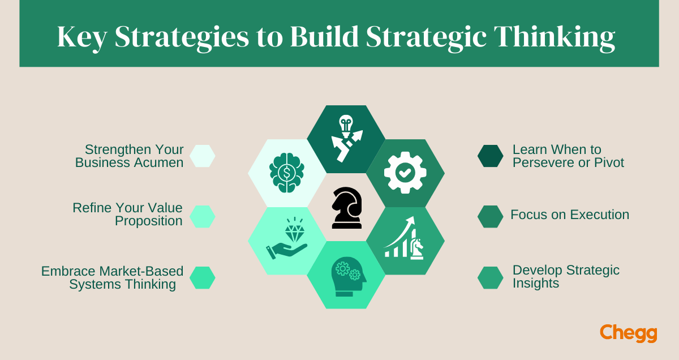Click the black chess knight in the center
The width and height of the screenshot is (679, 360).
346,208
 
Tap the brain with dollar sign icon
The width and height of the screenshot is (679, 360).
287,173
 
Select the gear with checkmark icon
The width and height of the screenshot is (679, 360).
405,173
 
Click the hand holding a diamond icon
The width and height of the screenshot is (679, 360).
287,241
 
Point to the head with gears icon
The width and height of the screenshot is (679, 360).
346,276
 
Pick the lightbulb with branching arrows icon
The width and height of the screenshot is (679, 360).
346,139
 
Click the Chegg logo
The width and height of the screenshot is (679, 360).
629,333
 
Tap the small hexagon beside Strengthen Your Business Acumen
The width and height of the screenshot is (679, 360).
202,156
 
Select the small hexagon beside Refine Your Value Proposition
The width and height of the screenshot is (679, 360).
202,216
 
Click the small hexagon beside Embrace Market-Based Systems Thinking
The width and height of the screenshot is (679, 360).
202,277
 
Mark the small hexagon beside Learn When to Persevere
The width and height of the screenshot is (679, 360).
490,156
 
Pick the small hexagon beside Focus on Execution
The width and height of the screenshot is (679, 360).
490,216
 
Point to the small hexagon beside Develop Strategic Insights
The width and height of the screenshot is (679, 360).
490,277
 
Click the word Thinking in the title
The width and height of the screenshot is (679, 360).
554,37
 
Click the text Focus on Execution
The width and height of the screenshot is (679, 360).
570,215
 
